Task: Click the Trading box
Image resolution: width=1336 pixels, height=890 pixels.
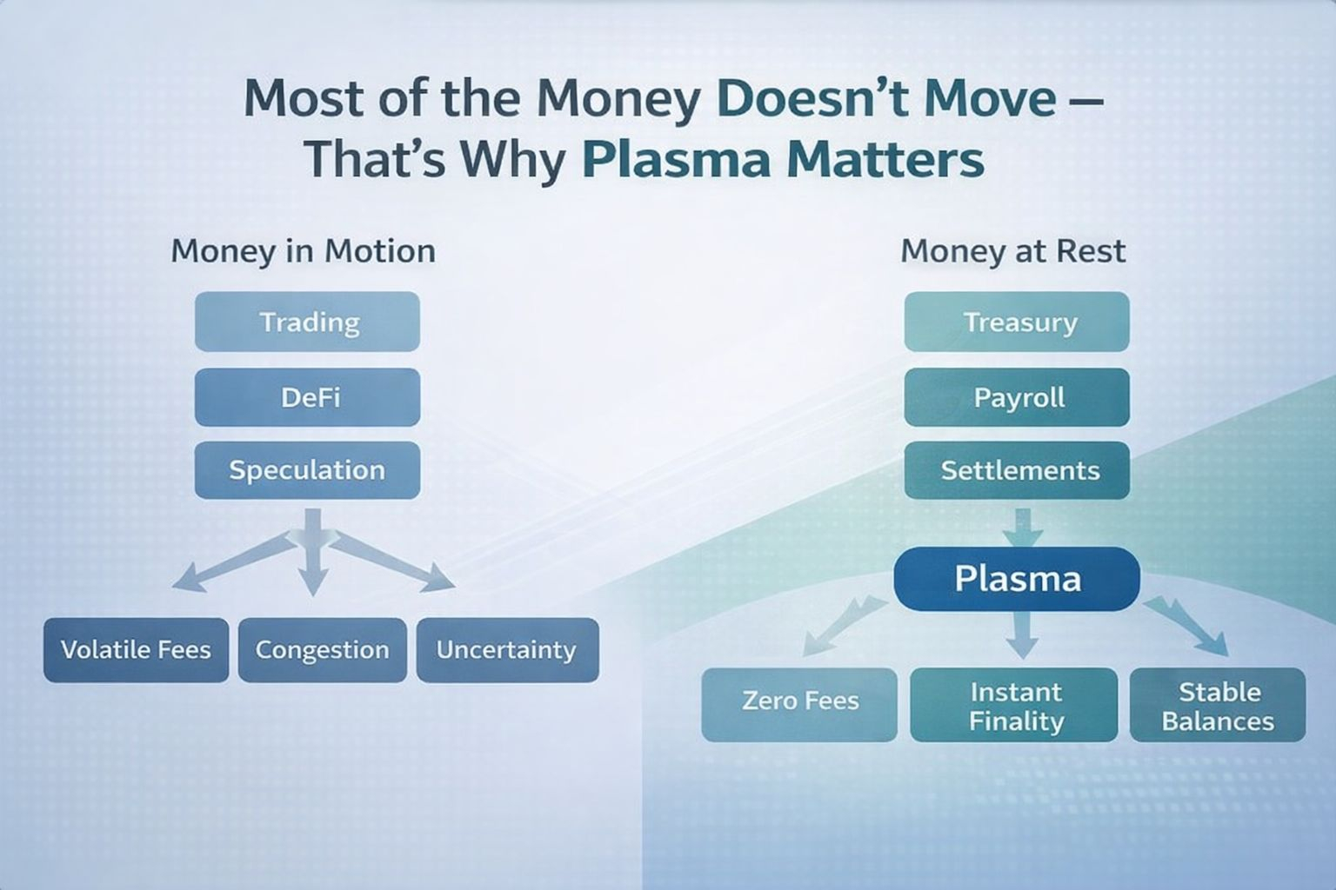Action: [307, 322]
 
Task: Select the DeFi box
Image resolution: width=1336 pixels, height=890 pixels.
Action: [307, 397]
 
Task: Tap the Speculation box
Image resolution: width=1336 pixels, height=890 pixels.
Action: [307, 470]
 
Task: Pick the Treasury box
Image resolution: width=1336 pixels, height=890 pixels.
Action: [1017, 322]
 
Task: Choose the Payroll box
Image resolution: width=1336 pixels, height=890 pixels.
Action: [1017, 397]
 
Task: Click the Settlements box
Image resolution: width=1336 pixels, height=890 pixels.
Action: [1017, 470]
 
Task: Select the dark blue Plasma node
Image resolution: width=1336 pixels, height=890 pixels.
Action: [1017, 579]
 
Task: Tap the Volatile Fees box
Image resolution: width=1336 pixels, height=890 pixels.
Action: [136, 650]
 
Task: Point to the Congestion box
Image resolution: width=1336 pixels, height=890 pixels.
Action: [323, 650]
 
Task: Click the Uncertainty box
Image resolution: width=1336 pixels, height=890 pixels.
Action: [508, 650]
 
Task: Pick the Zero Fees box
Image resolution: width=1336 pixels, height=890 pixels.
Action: [799, 705]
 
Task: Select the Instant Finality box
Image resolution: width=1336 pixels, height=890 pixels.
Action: [1014, 705]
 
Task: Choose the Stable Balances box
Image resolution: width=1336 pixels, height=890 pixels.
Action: [1218, 705]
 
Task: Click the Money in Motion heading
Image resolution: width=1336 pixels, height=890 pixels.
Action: [303, 251]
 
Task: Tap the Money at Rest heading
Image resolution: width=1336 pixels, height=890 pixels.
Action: [1013, 251]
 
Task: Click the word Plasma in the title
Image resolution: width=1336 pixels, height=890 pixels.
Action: [677, 159]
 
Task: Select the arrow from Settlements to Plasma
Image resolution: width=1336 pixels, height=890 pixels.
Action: [1023, 528]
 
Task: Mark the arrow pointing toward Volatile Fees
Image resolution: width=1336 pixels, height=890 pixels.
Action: [232, 561]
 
